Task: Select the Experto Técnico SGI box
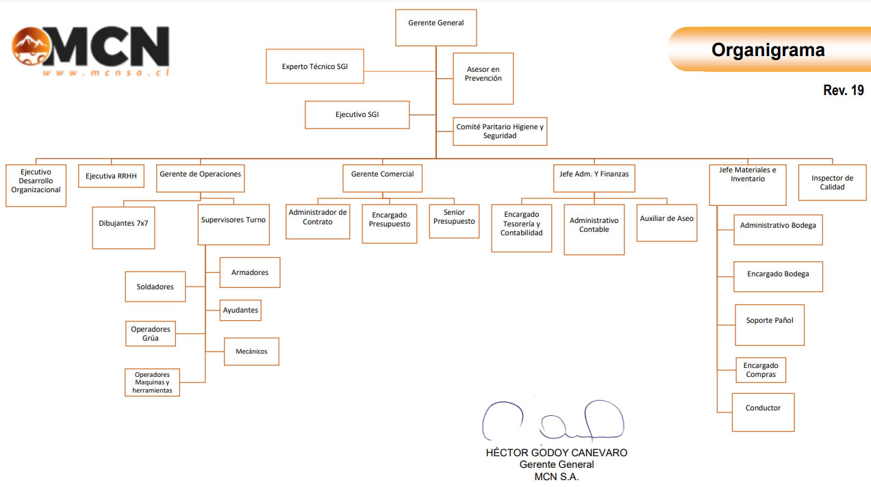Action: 315,66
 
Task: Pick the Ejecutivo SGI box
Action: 357,114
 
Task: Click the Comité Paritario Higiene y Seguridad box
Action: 500,131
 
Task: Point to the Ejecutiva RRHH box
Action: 111,176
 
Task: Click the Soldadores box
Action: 155,287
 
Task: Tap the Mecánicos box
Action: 251,352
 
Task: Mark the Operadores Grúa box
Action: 151,334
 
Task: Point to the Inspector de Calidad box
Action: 832,183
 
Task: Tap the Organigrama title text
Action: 768,50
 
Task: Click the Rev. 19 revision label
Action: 843,90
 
